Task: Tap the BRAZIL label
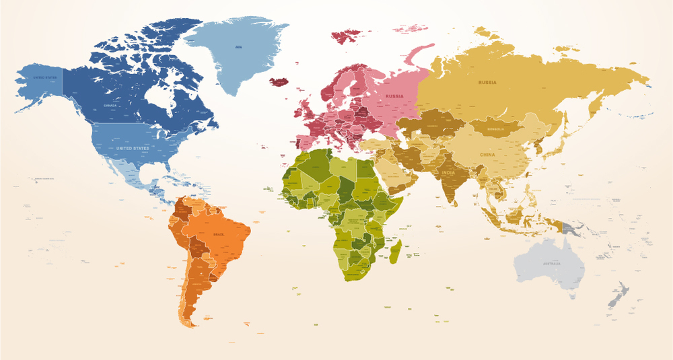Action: point(219,233)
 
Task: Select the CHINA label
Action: point(487,155)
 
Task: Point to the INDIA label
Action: point(448,173)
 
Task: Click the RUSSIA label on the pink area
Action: point(394,96)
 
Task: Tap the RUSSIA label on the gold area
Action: point(487,82)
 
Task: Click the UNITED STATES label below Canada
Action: point(133,148)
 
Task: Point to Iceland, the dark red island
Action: point(279,81)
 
